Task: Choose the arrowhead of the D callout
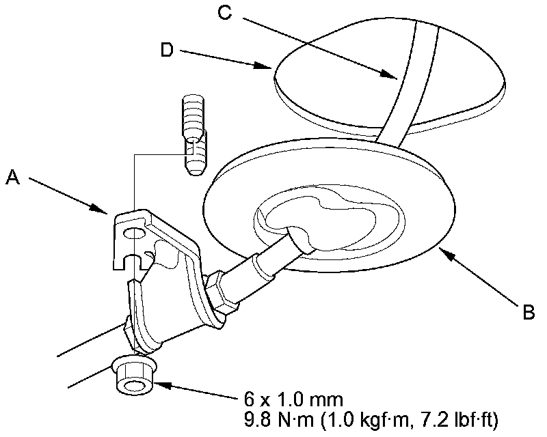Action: [271, 68]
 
